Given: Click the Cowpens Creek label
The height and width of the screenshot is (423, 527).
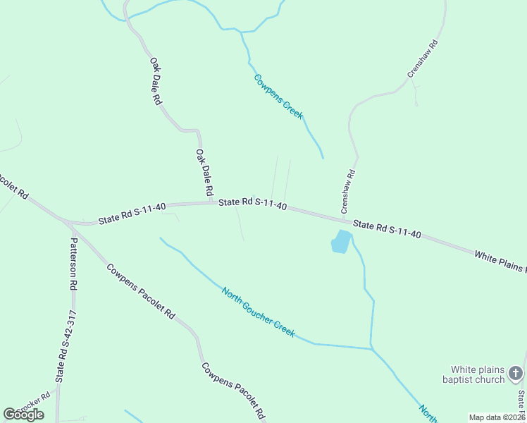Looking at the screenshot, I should pos(278,96).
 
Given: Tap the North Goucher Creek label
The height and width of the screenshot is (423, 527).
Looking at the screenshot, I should pos(258,312).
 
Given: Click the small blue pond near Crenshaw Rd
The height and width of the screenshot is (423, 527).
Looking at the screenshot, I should pos(340,242).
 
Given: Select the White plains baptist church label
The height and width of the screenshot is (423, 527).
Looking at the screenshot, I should pos(478,374).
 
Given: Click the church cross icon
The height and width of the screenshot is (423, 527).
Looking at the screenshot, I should pos(516,373).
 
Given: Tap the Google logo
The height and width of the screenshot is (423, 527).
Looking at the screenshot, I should pos(23,415).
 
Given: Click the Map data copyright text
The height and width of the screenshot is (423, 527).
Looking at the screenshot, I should pos(497,417).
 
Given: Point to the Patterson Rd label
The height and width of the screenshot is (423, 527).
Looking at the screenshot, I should pos(73,264).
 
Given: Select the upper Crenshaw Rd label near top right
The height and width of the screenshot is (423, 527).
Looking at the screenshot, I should pos(423,59).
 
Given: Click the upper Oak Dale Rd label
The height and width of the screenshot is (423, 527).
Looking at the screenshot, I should pos(156,82).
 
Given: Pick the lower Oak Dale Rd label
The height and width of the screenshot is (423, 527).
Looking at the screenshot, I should pos(204,172).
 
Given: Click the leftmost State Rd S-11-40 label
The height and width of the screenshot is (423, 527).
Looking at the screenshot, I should pos(132,214).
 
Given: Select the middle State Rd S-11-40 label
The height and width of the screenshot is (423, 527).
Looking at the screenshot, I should pos(252,204).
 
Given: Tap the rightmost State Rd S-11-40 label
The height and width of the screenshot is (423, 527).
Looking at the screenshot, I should pos(387,229).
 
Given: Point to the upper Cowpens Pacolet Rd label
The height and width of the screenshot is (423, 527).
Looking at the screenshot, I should pos(141,290).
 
